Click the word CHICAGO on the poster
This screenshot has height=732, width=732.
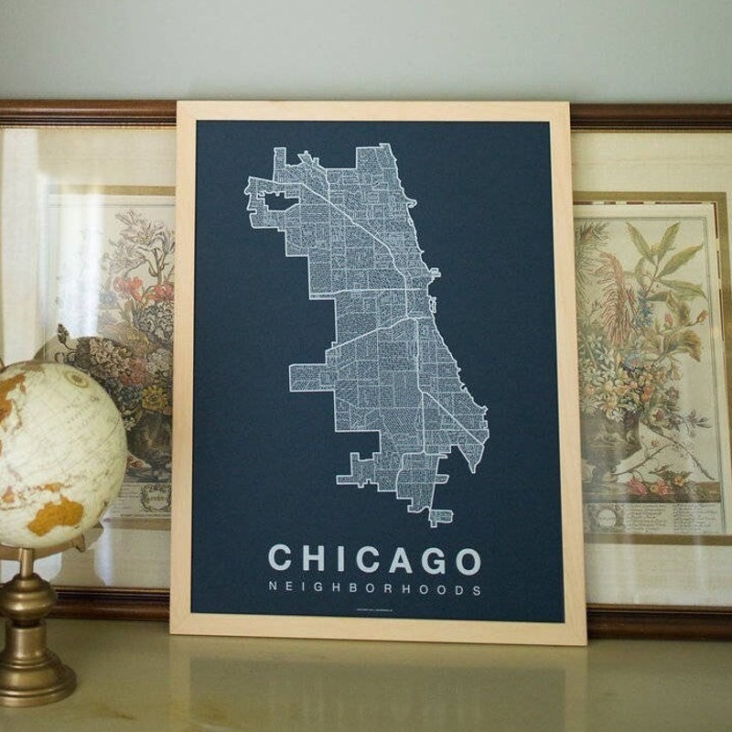374,560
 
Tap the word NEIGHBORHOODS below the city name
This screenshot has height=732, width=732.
374,590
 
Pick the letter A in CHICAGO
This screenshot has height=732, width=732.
398,560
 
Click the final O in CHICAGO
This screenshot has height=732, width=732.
467,560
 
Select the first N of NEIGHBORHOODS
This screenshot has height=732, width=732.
273,590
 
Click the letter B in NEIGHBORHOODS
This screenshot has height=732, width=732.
356,590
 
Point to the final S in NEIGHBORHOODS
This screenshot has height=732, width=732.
477,590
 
